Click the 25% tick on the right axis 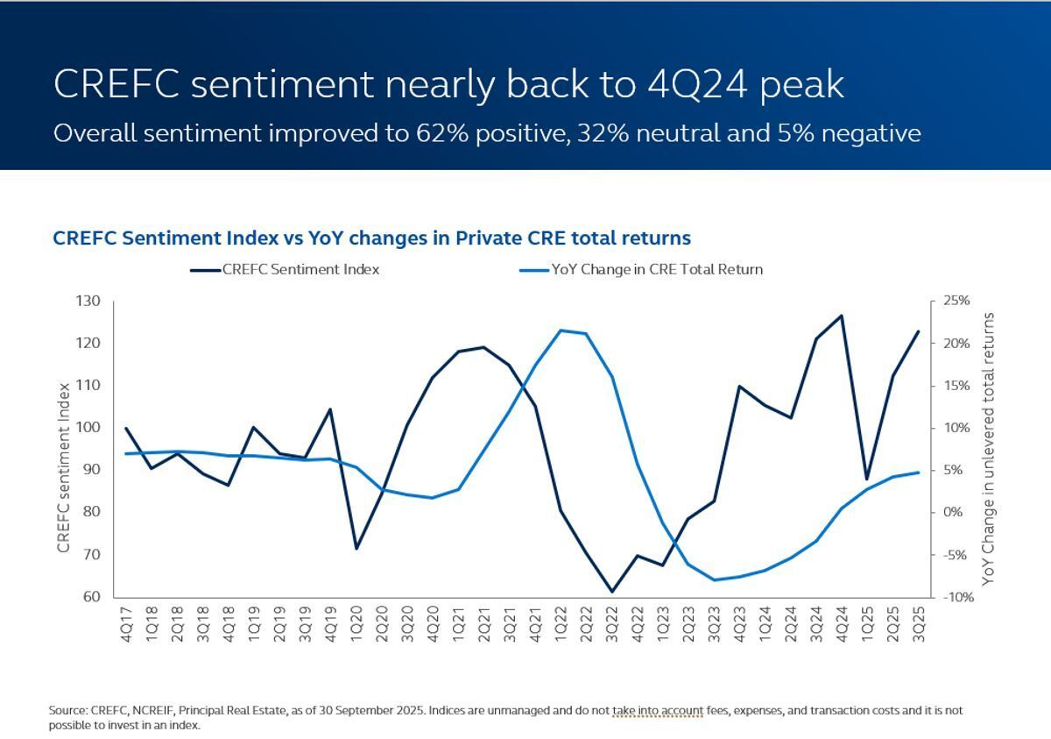point(956,301)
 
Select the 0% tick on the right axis point(951,512)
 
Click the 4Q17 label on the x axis point(128,623)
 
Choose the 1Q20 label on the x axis point(356,623)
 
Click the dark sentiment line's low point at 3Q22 point(612,592)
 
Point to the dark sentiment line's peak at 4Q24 point(842,316)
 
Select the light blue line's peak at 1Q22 point(560,330)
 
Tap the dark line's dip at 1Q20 point(356,549)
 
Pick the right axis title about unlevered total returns point(989,449)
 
